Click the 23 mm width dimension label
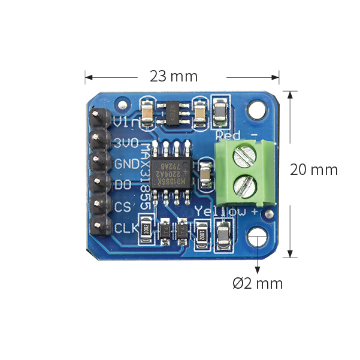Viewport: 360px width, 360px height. (x=174, y=77)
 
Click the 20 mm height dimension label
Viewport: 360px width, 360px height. (x=313, y=170)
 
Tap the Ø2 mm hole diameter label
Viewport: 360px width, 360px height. (x=258, y=283)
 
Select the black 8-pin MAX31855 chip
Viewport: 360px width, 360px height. (x=171, y=165)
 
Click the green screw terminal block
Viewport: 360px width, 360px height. (x=244, y=170)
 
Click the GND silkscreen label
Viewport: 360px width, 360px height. (x=126, y=164)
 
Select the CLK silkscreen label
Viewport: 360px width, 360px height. (x=126, y=228)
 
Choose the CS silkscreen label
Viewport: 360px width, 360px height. (x=123, y=207)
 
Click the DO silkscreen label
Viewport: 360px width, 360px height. (x=123, y=185)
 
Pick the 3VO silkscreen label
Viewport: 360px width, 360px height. (x=126, y=143)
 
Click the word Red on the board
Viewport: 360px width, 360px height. (x=228, y=134)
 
